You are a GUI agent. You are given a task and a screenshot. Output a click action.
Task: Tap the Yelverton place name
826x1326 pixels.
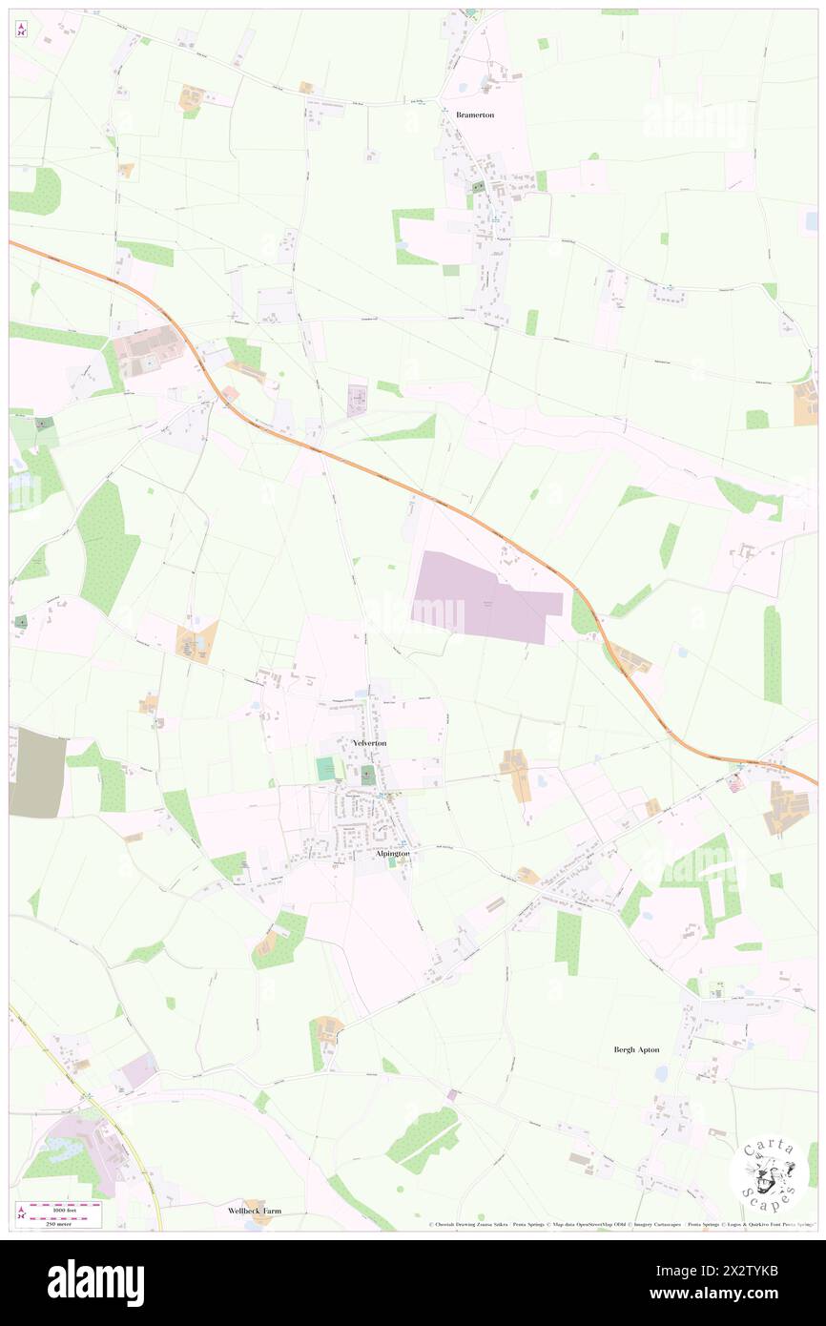point(369,742)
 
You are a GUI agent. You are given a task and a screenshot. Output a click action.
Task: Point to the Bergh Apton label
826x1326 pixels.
point(635,1049)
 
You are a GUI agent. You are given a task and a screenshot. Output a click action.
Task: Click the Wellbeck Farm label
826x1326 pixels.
point(255,1211)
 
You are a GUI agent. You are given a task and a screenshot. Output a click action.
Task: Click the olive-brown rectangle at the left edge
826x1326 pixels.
point(37,772)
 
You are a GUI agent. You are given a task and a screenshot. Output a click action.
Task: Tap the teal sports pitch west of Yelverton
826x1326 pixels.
point(327,769)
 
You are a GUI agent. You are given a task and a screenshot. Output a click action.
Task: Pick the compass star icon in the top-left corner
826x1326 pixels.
point(21,30)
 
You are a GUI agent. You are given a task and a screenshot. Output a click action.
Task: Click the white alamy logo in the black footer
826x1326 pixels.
point(95,1282)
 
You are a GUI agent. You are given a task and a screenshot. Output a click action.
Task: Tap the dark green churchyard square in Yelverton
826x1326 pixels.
point(368,774)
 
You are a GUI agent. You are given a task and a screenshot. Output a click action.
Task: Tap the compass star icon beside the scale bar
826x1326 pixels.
point(21,1212)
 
